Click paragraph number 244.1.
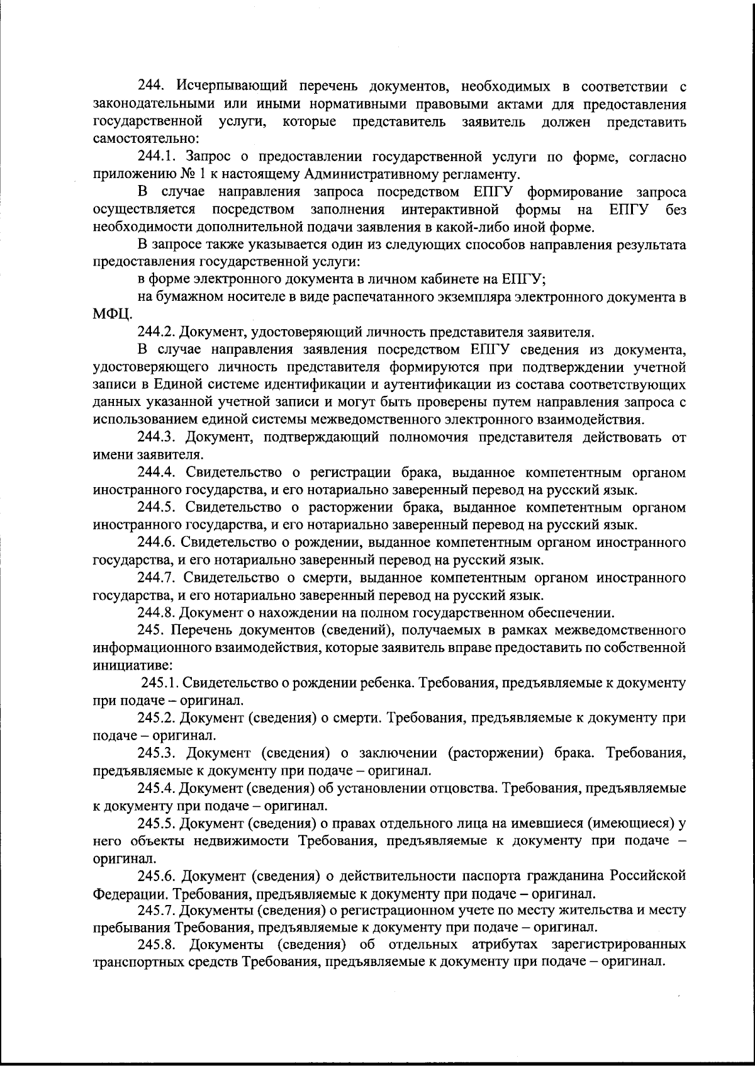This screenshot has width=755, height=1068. [x=157, y=157]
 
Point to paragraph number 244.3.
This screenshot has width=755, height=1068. [x=157, y=437]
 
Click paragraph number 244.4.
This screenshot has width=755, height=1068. [x=157, y=473]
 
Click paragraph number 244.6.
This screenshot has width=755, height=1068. [x=157, y=542]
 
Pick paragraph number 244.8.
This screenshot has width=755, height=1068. [x=157, y=612]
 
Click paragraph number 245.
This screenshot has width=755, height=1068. [x=150, y=630]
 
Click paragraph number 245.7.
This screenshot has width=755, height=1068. [x=157, y=910]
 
